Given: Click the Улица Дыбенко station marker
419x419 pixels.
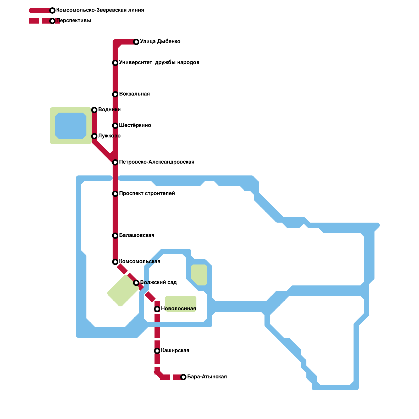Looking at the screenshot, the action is (x=136, y=42).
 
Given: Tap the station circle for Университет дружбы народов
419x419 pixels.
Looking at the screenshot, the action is (x=115, y=63).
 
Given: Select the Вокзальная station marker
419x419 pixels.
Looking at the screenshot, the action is (x=115, y=94).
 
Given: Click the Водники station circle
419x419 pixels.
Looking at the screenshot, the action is (x=94, y=110).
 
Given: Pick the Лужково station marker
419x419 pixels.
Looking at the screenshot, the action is (x=94, y=136).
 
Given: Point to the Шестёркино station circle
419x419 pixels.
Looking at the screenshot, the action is (x=115, y=126).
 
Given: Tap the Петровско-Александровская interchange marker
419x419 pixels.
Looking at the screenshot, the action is (x=115, y=162).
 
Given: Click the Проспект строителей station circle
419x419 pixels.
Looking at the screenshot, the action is (x=115, y=194).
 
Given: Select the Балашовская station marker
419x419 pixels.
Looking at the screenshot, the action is (x=115, y=236).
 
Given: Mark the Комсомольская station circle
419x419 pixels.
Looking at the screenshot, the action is (x=115, y=262).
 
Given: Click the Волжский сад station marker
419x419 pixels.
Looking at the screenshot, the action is (x=136, y=283).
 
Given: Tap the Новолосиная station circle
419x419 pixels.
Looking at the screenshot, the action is (x=157, y=309).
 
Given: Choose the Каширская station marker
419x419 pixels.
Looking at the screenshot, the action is (x=157, y=351).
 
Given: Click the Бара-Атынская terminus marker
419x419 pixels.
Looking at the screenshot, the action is (x=183, y=377).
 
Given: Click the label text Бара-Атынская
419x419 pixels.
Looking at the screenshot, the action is (x=207, y=377).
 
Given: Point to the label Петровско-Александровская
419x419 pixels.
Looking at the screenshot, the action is (x=157, y=162).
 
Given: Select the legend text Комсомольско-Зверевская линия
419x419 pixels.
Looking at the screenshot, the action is (x=100, y=10).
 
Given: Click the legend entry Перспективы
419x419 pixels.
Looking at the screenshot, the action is (x=74, y=21).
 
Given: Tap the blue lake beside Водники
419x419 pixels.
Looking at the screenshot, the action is (x=71, y=126).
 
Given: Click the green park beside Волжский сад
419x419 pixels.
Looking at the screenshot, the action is (x=123, y=291).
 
